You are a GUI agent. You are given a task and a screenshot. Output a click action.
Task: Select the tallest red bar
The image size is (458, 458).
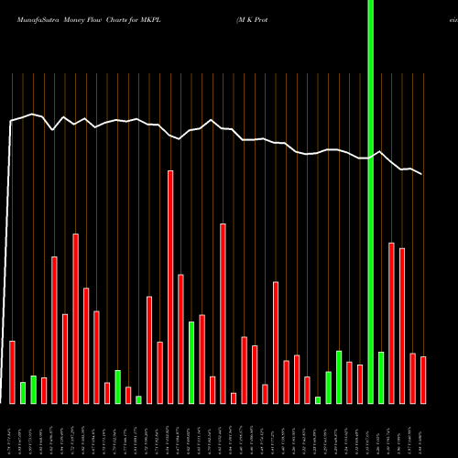[x=170, y=286]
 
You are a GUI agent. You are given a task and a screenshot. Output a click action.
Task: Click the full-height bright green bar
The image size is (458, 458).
[x=370, y=202]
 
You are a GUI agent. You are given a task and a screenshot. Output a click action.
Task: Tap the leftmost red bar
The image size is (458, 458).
[x=12, y=371]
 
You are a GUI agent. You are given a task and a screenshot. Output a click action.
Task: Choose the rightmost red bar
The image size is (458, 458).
[x=423, y=379]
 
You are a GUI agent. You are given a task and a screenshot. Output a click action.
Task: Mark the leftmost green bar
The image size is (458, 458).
[x=23, y=392]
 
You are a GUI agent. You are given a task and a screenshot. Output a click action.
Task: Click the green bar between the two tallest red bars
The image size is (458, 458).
[x=191, y=362]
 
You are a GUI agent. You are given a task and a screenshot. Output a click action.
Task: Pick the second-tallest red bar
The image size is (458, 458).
[x=223, y=313]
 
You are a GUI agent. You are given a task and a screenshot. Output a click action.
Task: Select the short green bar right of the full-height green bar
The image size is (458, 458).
[x=381, y=376]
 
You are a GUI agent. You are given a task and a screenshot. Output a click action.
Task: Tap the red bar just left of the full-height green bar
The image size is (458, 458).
[x=360, y=384]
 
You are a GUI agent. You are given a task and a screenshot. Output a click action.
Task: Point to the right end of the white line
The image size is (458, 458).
[x=422, y=174]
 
